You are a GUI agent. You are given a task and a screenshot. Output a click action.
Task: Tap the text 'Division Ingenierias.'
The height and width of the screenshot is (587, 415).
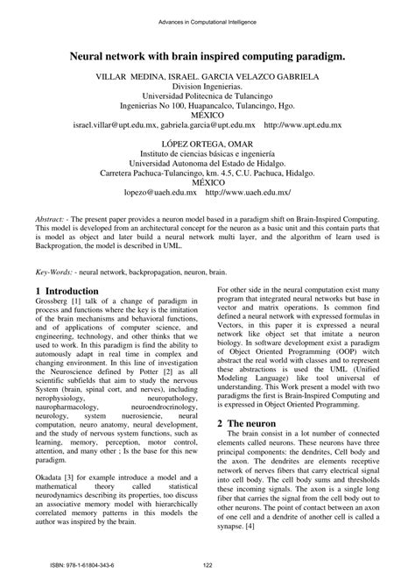tap(207, 87)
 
